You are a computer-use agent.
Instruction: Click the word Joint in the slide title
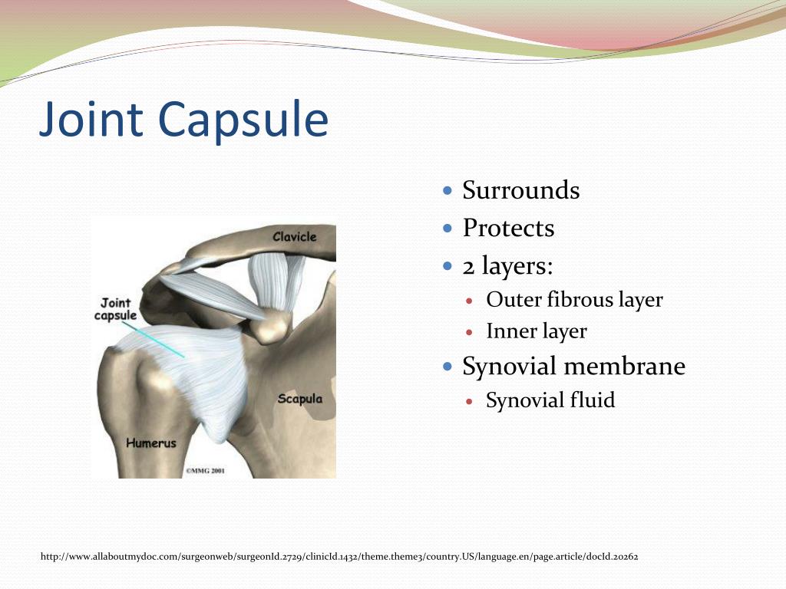coord(91,120)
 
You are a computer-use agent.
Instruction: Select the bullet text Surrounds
coord(520,189)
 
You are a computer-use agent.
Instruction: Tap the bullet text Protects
coord(507,228)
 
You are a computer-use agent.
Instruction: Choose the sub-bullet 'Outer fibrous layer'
coord(574,299)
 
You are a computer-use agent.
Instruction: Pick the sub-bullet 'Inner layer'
coord(536,331)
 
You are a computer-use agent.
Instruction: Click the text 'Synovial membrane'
coord(573,367)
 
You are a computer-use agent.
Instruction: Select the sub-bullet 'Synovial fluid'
coord(550,400)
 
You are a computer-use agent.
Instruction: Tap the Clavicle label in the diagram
coord(294,237)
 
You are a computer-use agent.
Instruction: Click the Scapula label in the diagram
coord(299,399)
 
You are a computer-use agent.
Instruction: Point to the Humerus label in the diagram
coord(151,443)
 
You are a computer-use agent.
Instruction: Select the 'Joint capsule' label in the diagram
coord(115,310)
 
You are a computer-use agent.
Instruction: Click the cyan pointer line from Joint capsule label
coord(162,341)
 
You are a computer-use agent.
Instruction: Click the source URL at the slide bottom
coord(339,556)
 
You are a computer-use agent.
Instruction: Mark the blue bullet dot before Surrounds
coord(449,189)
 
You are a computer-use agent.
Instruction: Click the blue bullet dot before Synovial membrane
coord(449,367)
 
